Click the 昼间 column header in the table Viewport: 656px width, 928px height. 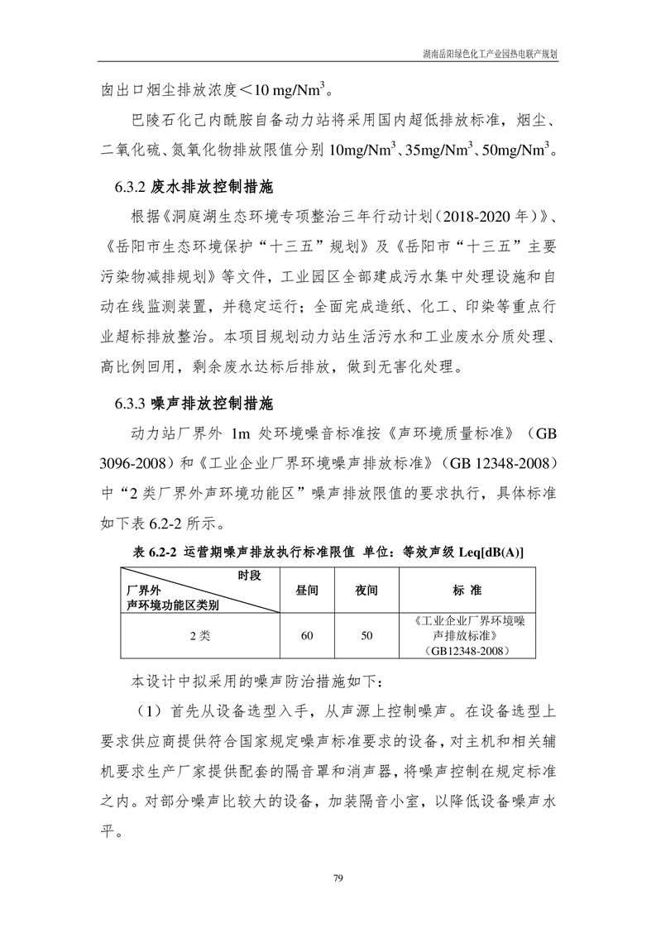point(308,591)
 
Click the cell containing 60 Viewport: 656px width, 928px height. point(308,636)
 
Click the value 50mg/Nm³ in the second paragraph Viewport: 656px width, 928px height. point(518,151)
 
